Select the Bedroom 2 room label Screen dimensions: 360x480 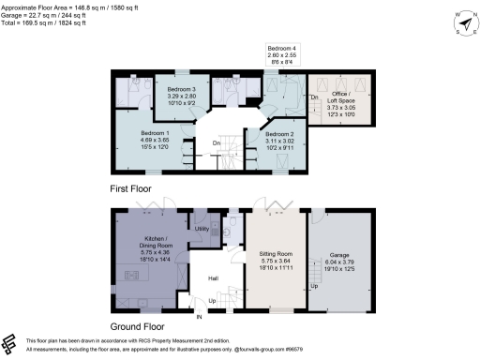tap(270, 133)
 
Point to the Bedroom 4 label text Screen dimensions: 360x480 tap(281, 49)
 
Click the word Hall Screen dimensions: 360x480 tap(214, 278)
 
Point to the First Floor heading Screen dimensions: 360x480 tap(128, 187)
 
